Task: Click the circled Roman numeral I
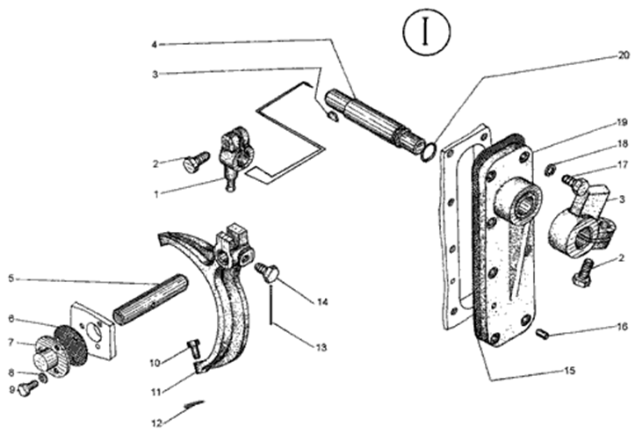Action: (x=426, y=32)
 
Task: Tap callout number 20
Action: (x=623, y=55)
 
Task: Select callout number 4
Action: (x=154, y=44)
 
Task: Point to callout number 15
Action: (x=569, y=371)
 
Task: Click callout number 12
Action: (x=156, y=423)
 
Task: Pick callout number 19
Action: (x=623, y=122)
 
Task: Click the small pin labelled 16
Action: (x=542, y=334)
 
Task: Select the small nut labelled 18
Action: (x=550, y=170)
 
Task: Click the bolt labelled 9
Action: (x=28, y=387)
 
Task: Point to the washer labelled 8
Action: (x=43, y=378)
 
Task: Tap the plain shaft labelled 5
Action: (x=150, y=299)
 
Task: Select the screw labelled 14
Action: (x=268, y=271)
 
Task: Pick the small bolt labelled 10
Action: (x=194, y=349)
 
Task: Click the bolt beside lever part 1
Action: (x=197, y=162)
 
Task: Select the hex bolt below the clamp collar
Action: (x=583, y=273)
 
